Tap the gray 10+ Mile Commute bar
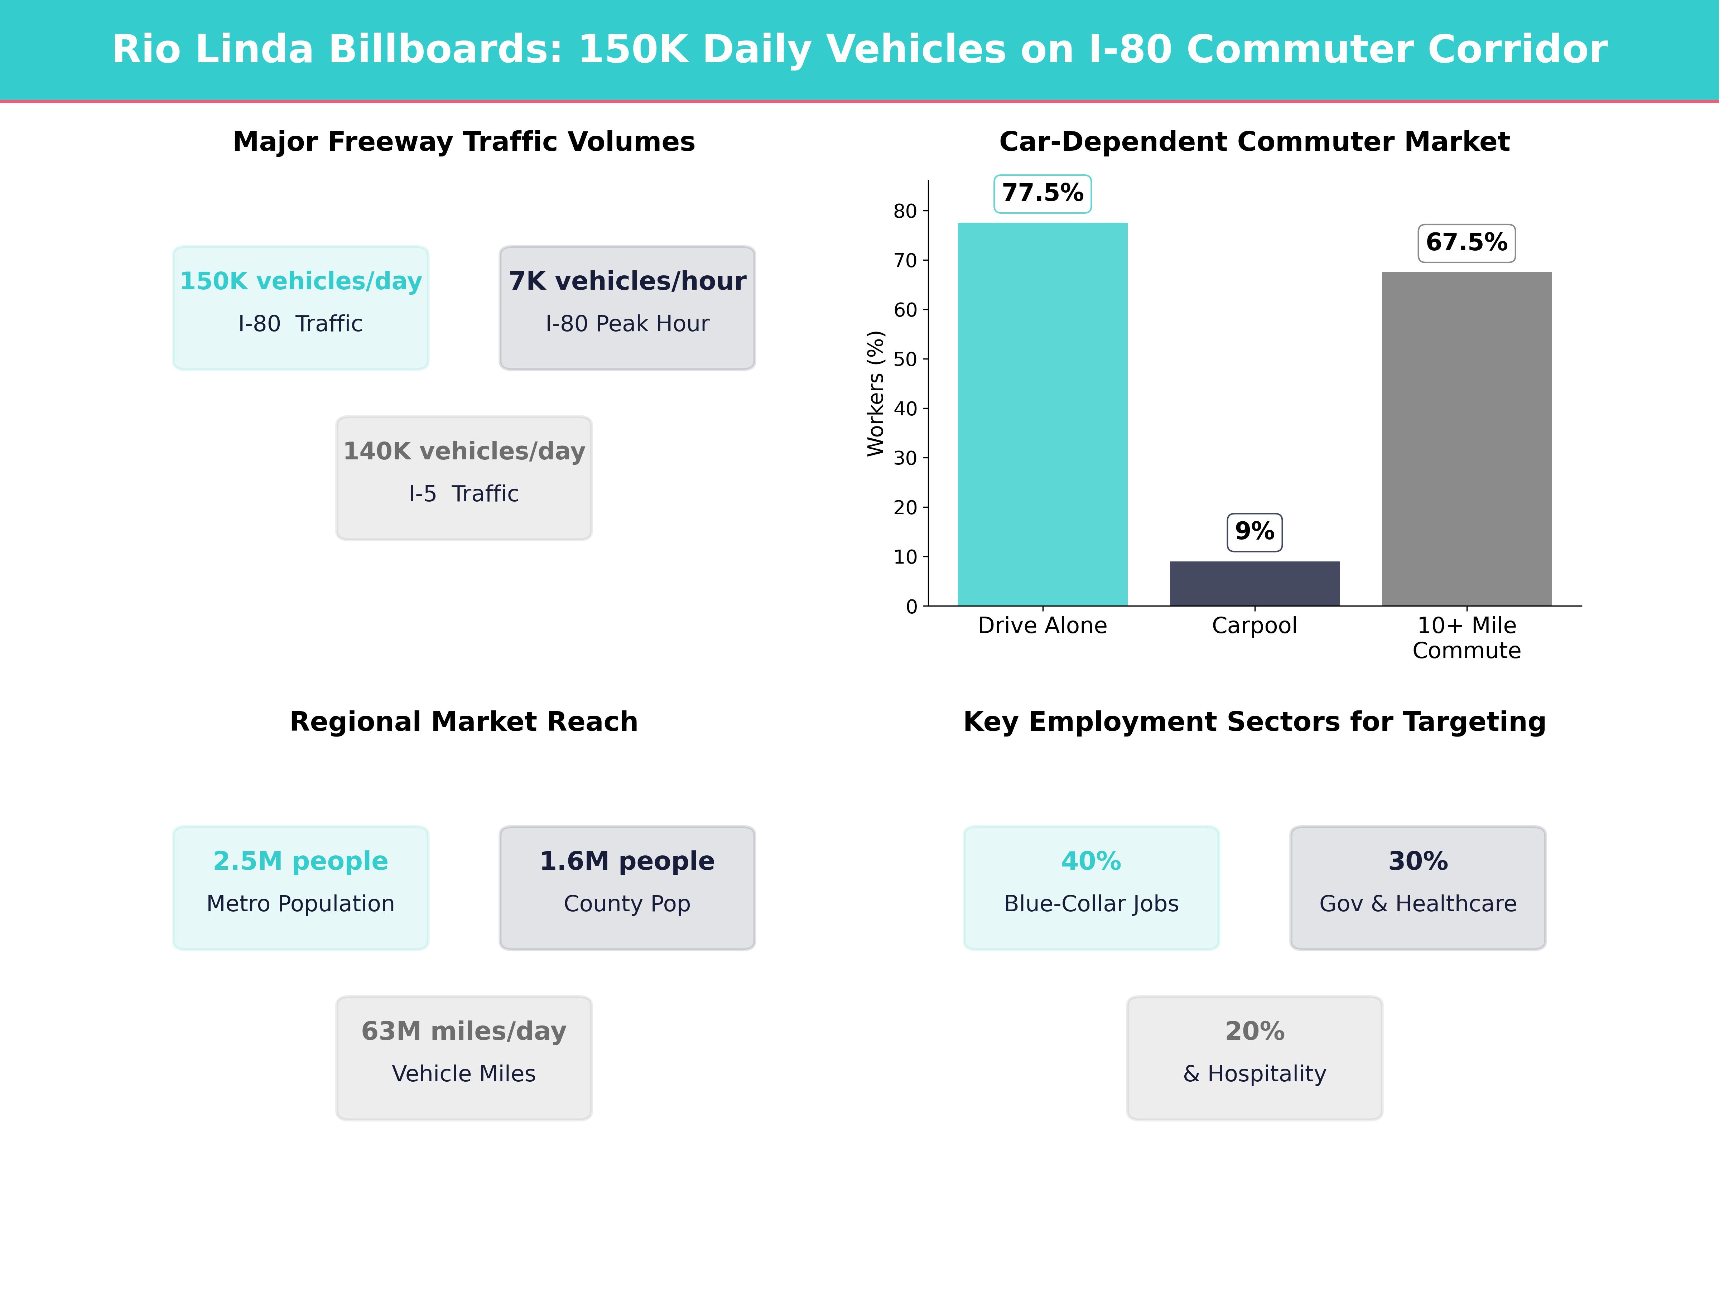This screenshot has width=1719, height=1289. [1467, 439]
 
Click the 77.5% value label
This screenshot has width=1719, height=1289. [1042, 193]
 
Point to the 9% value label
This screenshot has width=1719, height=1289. [1254, 532]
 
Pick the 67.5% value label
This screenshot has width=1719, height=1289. [1467, 243]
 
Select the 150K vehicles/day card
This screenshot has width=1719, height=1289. [301, 308]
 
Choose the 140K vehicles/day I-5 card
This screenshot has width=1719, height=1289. [464, 478]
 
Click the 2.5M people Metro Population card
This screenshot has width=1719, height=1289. [301, 887]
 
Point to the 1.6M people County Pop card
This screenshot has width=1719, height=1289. [627, 887]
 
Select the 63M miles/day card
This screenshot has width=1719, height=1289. [464, 1057]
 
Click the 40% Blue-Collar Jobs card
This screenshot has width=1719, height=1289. [1091, 887]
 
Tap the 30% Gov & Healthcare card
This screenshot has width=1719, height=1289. [1417, 887]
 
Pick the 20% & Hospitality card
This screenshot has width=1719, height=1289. [1254, 1057]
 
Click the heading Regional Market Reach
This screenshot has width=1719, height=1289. [464, 722]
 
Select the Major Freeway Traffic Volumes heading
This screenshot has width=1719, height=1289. [464, 142]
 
